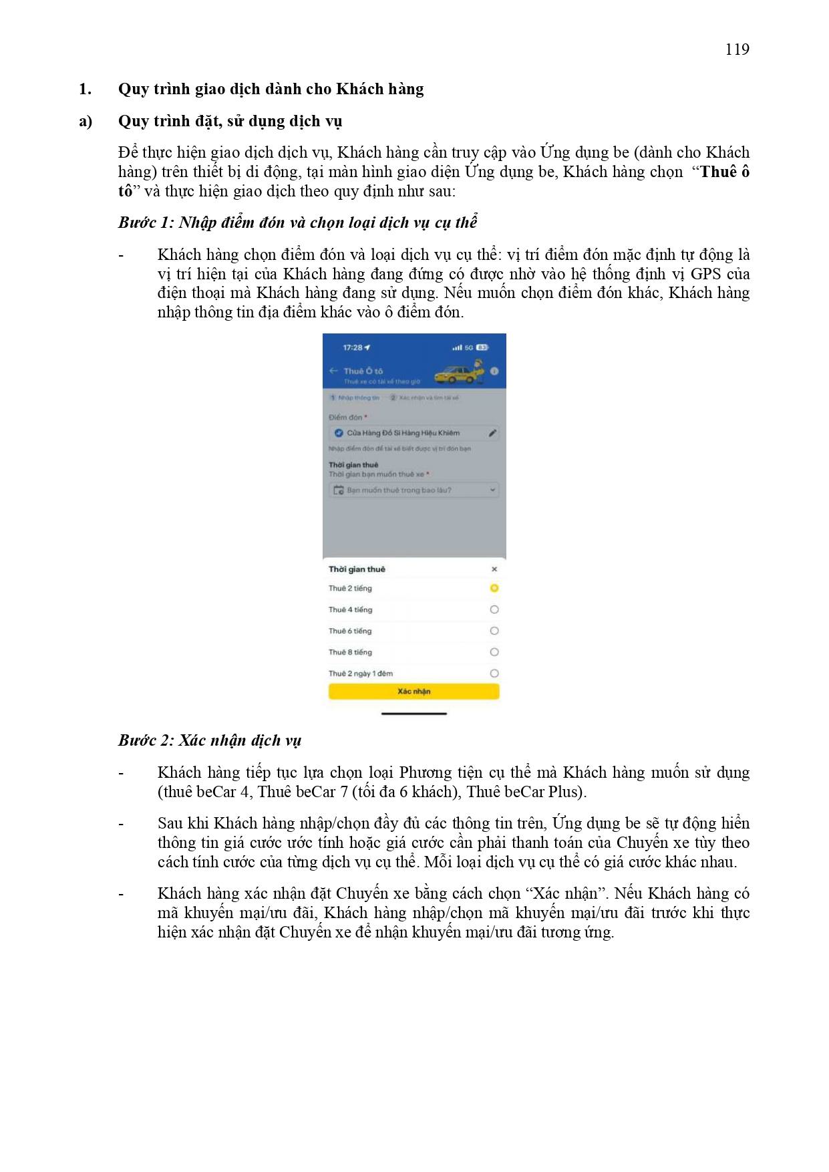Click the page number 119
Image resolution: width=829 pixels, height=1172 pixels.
pos(737,49)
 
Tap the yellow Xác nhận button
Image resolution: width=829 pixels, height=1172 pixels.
pos(413,692)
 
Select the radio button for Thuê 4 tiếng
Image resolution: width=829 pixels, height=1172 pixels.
pos(494,609)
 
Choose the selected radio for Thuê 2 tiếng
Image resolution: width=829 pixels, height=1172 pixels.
pos(494,588)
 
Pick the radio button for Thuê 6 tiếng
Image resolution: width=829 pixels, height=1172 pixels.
pos(494,631)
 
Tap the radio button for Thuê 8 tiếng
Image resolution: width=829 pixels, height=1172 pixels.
pos(494,652)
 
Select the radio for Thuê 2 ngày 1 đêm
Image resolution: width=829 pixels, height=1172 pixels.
pos(494,674)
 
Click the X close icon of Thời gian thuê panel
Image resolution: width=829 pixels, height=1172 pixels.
pos(494,569)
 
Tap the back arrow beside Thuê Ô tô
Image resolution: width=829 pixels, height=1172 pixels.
pos(333,371)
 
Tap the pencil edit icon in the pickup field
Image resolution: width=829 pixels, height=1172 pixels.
pos(492,433)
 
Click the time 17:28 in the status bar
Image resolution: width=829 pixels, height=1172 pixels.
pos(353,347)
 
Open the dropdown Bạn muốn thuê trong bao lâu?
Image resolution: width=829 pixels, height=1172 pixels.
pos(414,490)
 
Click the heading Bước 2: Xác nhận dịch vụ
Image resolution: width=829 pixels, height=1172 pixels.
pos(210,740)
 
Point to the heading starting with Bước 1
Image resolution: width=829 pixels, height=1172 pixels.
pos(298,223)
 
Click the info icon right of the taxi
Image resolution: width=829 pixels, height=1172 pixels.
pos(494,371)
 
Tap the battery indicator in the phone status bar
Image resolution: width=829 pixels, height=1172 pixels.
pos(482,347)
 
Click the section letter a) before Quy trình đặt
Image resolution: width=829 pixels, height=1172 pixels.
pos(86,121)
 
